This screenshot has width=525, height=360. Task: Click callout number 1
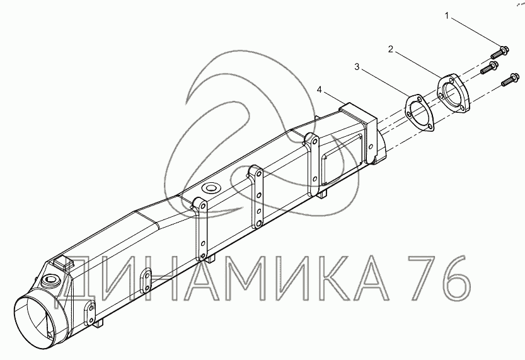pyautogui.click(x=447, y=16)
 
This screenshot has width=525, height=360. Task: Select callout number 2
pyautogui.click(x=390, y=49)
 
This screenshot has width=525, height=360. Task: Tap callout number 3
pyautogui.click(x=357, y=67)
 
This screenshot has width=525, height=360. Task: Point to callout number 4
pyautogui.click(x=320, y=90)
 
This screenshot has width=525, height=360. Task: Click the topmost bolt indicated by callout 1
pyautogui.click(x=499, y=52)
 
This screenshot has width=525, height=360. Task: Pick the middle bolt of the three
pyautogui.click(x=490, y=67)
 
